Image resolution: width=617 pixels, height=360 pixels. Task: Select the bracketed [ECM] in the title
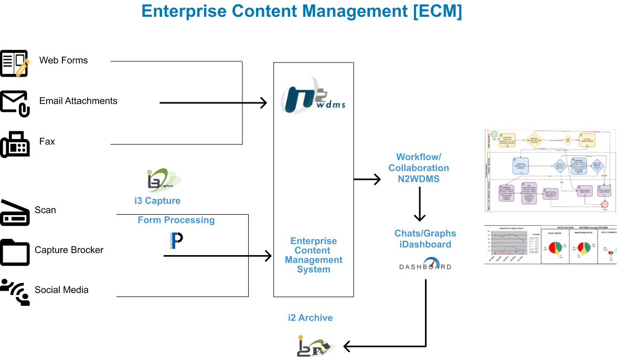coord(437,12)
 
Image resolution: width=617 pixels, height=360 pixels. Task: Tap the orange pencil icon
coord(23,68)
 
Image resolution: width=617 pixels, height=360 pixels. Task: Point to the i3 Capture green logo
coord(164,181)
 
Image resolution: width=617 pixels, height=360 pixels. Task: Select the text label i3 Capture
coord(157,200)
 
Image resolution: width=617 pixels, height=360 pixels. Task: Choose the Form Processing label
coord(176,220)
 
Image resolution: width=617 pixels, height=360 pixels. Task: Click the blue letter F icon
coord(174,240)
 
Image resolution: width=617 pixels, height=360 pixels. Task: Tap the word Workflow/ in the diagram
coord(419,157)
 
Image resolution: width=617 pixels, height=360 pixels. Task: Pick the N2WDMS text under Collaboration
coord(419,179)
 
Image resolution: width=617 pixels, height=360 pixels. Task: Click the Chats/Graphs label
coord(425,233)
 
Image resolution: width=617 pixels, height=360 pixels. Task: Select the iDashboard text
coord(425,244)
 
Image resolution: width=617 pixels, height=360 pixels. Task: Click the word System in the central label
coord(314,269)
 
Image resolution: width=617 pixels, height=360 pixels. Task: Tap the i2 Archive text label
coord(310,317)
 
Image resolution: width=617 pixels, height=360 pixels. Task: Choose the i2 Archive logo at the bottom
coord(316,347)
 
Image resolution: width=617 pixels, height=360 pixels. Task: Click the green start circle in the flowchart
coord(494,135)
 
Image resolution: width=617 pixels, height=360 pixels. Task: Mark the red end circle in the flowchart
coord(605,204)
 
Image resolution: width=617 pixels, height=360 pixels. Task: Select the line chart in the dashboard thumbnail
coord(512,247)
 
